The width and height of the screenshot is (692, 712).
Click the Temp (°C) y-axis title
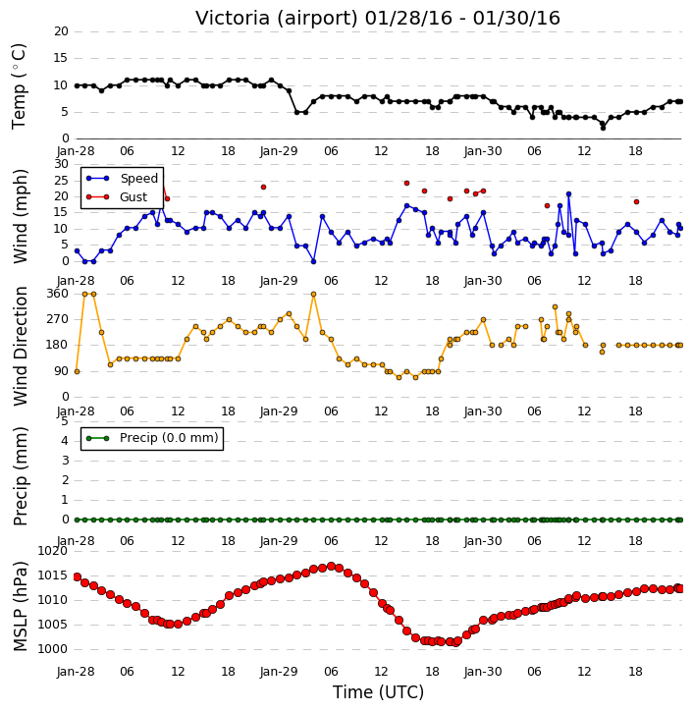[19, 86]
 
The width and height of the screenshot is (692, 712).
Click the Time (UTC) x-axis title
[378, 692]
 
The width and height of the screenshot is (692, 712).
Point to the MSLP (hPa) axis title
[20, 607]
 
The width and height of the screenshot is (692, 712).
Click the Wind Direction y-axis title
[20, 346]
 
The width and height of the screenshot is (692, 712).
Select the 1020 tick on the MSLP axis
[52, 551]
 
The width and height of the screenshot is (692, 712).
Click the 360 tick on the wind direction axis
[58, 294]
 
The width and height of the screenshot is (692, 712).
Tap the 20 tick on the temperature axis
[61, 31]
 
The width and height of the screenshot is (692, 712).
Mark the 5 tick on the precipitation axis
[65, 421]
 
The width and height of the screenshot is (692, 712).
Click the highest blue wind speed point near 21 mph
[568, 194]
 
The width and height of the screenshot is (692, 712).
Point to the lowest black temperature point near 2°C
[603, 128]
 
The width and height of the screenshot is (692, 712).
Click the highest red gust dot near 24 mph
[406, 183]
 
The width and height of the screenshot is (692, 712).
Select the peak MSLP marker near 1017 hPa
[331, 567]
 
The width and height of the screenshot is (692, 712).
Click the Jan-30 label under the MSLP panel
[483, 671]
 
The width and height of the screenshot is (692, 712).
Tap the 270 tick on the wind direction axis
[58, 319]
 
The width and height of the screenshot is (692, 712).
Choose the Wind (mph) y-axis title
[20, 216]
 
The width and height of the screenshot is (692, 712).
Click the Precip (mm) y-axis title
[20, 476]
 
